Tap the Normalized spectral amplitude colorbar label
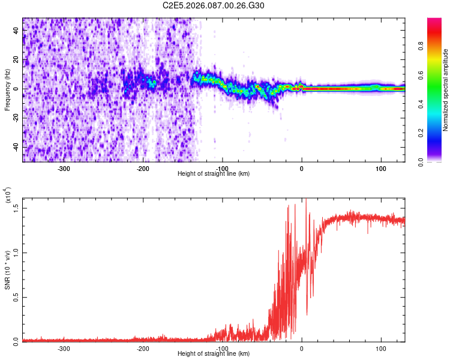445,91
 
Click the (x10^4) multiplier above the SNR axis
8,196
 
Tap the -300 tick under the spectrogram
64,168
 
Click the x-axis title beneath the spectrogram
214,173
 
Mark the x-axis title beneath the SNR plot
214,353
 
